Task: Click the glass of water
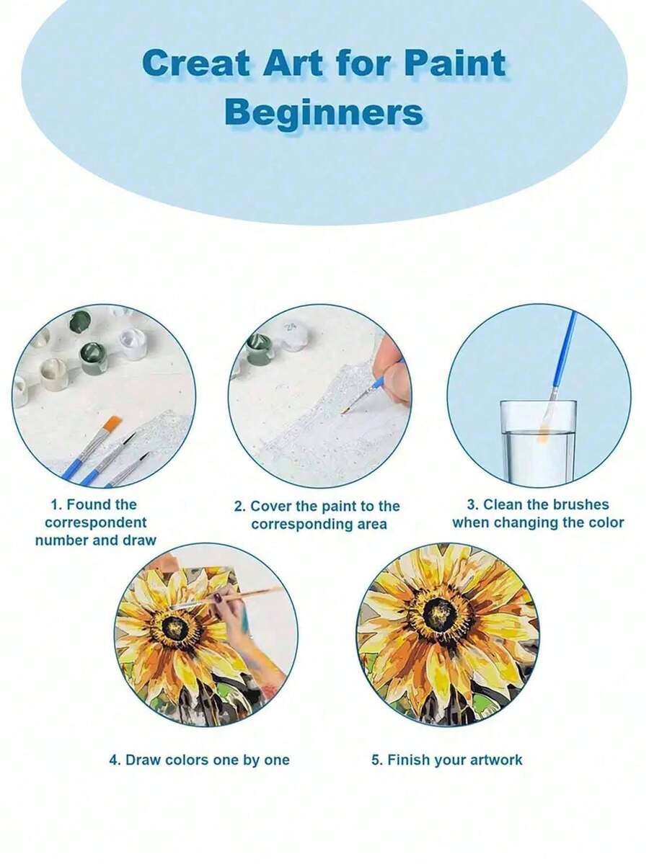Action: pos(538,442)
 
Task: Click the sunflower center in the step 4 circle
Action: pos(176,626)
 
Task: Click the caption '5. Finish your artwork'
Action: pos(446,760)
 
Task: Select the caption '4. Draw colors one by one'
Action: pos(199,760)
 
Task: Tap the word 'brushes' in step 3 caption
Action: pos(580,504)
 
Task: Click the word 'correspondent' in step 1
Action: pos(96,522)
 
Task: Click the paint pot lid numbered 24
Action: pos(292,329)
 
